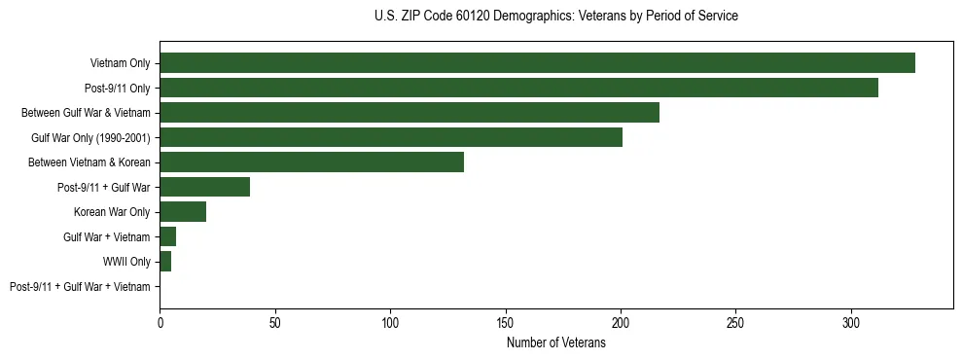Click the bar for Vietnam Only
537,63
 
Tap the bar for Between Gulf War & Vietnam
410,113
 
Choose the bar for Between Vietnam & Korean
311,162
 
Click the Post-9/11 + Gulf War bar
204,187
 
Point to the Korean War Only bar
183,212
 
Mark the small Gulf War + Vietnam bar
167,236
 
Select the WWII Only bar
165,262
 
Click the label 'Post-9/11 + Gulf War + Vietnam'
80,287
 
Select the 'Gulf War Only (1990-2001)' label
90,138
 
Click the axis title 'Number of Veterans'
555,343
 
